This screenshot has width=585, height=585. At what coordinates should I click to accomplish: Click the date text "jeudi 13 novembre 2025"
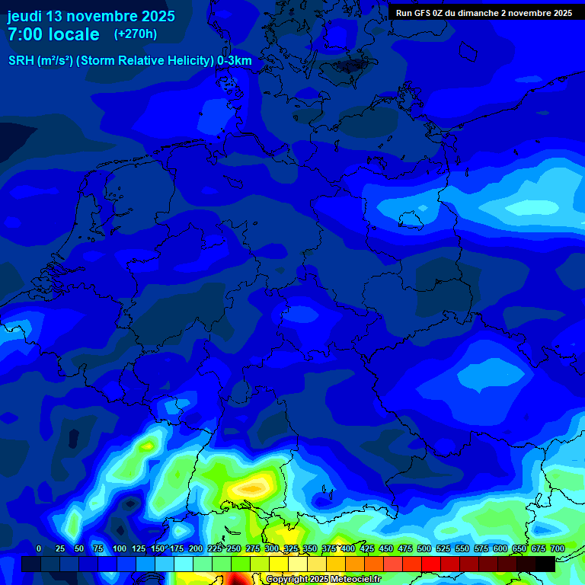[x=91, y=16]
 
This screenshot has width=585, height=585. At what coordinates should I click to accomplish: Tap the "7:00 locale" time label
[x=53, y=34]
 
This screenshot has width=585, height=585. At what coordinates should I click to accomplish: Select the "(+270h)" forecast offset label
[x=136, y=34]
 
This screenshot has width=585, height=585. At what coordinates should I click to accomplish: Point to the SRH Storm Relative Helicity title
[x=129, y=61]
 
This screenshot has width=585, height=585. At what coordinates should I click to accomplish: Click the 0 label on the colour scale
[x=39, y=548]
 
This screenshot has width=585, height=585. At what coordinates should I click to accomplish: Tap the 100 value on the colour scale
[x=120, y=548]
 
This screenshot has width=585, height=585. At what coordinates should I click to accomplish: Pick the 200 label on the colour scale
[x=196, y=548]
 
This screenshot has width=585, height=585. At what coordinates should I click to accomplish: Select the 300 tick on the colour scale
[x=272, y=548]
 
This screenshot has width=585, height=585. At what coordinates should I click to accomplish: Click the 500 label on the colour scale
[x=424, y=548]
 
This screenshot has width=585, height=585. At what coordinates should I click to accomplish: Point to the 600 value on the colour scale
[x=500, y=548]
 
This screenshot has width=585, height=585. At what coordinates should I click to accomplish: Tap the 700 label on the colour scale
[x=558, y=548]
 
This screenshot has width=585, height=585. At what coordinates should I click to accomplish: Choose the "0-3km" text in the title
[x=235, y=61]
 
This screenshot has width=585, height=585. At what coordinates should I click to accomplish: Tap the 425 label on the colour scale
[x=367, y=548]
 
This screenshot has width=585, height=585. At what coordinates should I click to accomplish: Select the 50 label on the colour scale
[x=78, y=548]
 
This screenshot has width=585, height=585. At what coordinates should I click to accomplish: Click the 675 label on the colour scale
[x=539, y=548]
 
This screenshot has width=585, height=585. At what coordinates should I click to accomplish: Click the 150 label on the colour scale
[x=158, y=548]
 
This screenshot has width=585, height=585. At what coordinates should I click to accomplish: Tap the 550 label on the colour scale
[x=462, y=548]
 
